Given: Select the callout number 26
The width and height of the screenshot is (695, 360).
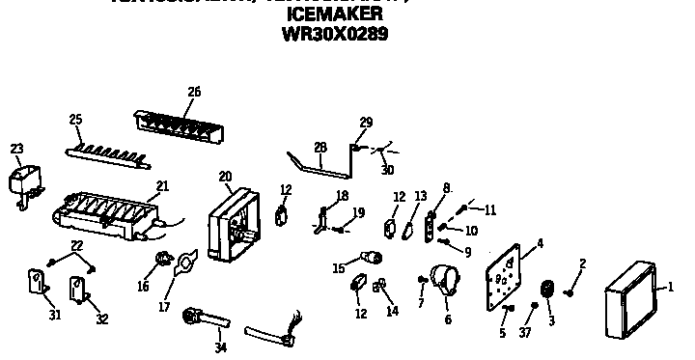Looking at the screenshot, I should click(x=193, y=93).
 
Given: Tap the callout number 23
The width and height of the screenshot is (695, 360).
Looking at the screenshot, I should click(x=16, y=149).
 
